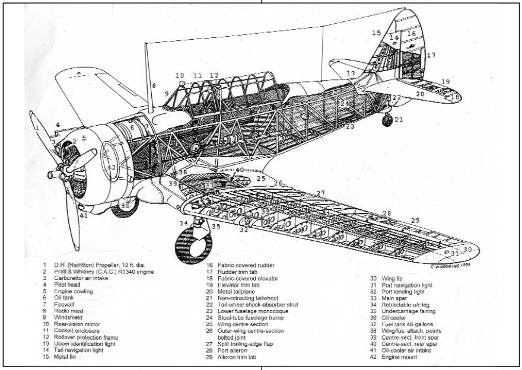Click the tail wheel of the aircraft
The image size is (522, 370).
point(387,120)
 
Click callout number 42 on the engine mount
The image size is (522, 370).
point(112,168)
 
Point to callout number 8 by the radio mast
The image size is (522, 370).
point(153,86)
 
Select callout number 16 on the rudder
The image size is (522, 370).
point(411,34)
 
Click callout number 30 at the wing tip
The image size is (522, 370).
point(468,250)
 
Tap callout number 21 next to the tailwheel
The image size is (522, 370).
point(399,119)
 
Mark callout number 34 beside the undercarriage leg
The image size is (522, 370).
point(184,224)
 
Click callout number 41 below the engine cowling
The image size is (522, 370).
point(84,215)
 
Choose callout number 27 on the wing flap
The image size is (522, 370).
point(321,193)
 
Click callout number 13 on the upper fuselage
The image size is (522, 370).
point(351,74)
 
